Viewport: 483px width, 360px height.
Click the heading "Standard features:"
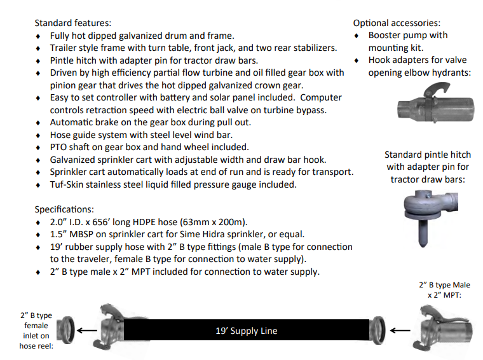pos(72,23)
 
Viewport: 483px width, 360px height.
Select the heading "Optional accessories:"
pos(397,23)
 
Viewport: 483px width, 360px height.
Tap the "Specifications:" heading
pos(64,209)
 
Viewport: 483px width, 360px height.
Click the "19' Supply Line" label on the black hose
pos(247,331)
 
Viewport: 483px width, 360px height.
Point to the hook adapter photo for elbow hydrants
pos(436,103)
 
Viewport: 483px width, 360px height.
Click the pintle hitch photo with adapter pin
pos(431,216)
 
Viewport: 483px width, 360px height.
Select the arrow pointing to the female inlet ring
pos(86,330)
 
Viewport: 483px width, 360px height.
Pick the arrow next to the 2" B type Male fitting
pos(400,330)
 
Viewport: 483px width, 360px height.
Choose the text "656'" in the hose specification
pos(100,222)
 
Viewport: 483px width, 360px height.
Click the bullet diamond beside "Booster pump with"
pos(357,36)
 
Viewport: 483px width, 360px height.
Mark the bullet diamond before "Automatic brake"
pos(38,123)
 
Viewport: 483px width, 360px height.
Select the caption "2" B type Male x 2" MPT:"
pos(444,290)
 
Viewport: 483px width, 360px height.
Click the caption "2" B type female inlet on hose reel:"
pos(36,331)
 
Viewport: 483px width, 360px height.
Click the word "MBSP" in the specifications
pos(81,234)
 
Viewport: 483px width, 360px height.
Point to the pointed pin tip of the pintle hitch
pos(423,246)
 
